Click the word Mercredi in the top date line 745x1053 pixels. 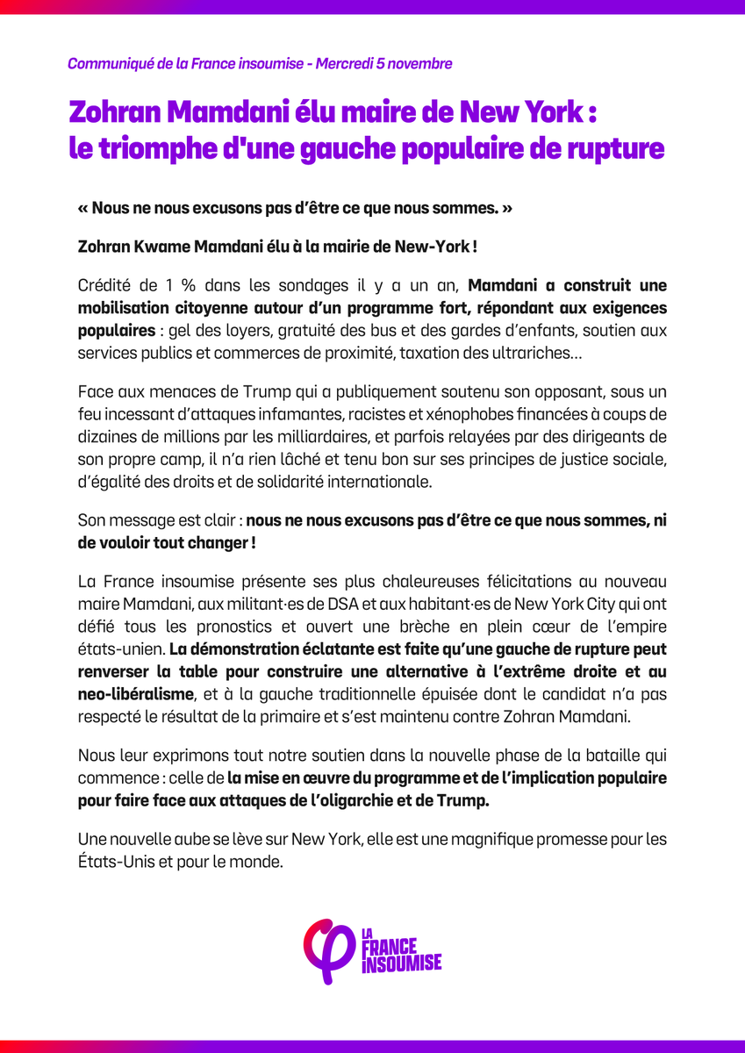[x=352, y=64]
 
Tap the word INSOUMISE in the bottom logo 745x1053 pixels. [x=401, y=963]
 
